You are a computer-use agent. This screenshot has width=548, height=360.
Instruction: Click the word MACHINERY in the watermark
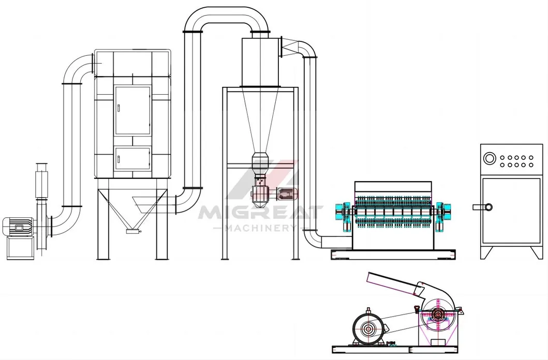pyautogui.click(x=260, y=228)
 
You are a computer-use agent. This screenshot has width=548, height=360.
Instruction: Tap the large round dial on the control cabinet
pyautogui.click(x=490, y=158)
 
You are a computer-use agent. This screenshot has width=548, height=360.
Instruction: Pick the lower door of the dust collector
pyautogui.click(x=133, y=159)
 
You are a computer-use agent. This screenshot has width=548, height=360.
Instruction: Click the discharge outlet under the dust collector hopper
pyautogui.click(x=133, y=231)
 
